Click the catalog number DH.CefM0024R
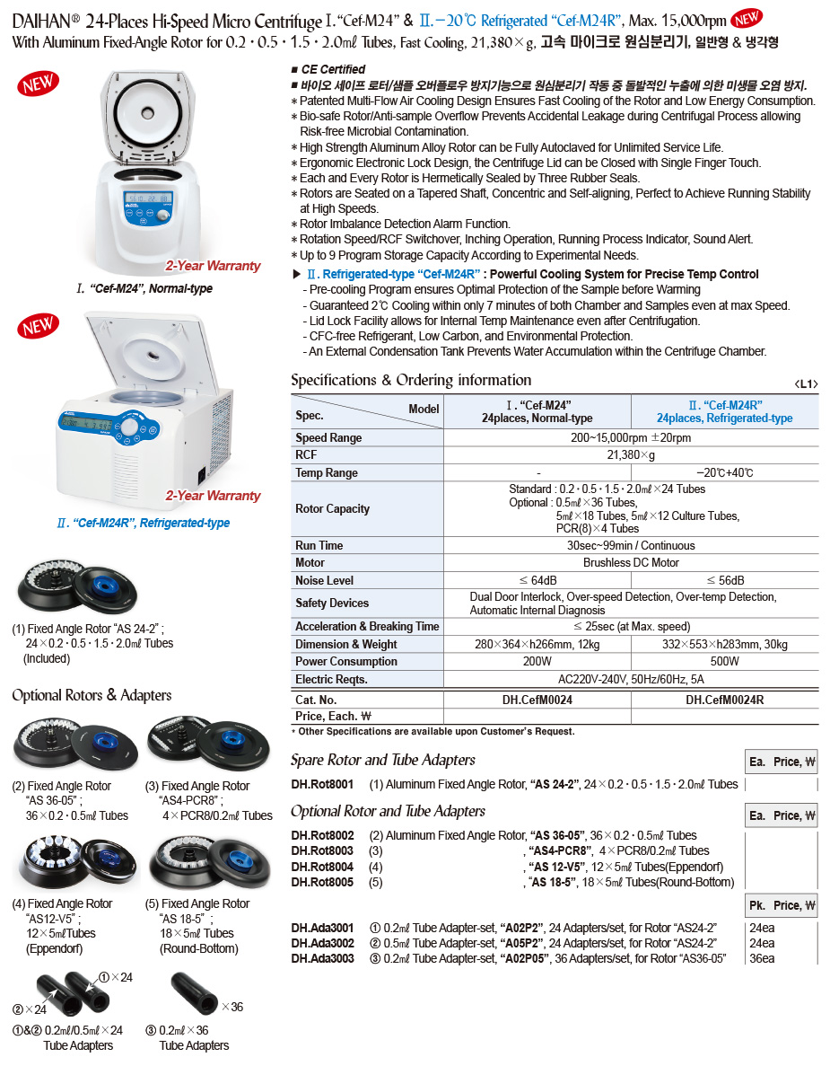[724, 700]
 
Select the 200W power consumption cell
[537, 662]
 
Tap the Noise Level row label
[324, 581]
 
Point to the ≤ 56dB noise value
[725, 581]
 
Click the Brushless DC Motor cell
[631, 563]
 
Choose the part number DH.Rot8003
[322, 851]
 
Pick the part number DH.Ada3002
[322, 943]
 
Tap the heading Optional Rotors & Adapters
[92, 695]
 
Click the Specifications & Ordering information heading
[411, 380]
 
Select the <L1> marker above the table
[806, 384]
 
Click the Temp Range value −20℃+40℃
[725, 473]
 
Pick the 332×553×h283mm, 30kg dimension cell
[725, 644]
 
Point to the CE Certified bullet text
[333, 69]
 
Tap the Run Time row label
[319, 545]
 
